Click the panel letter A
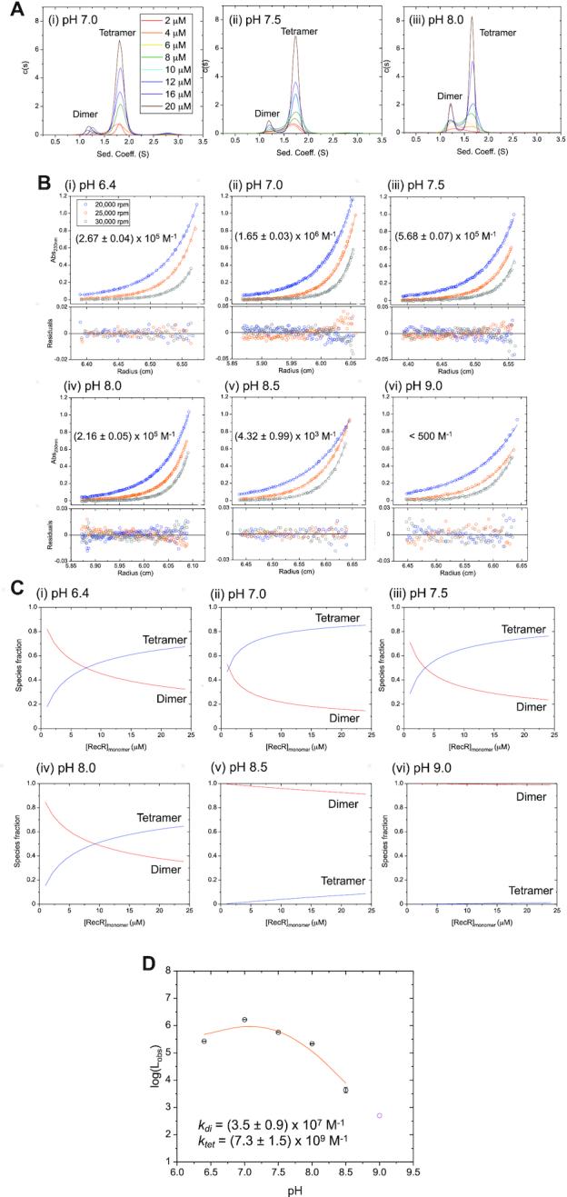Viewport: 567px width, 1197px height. [x=9, y=7]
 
